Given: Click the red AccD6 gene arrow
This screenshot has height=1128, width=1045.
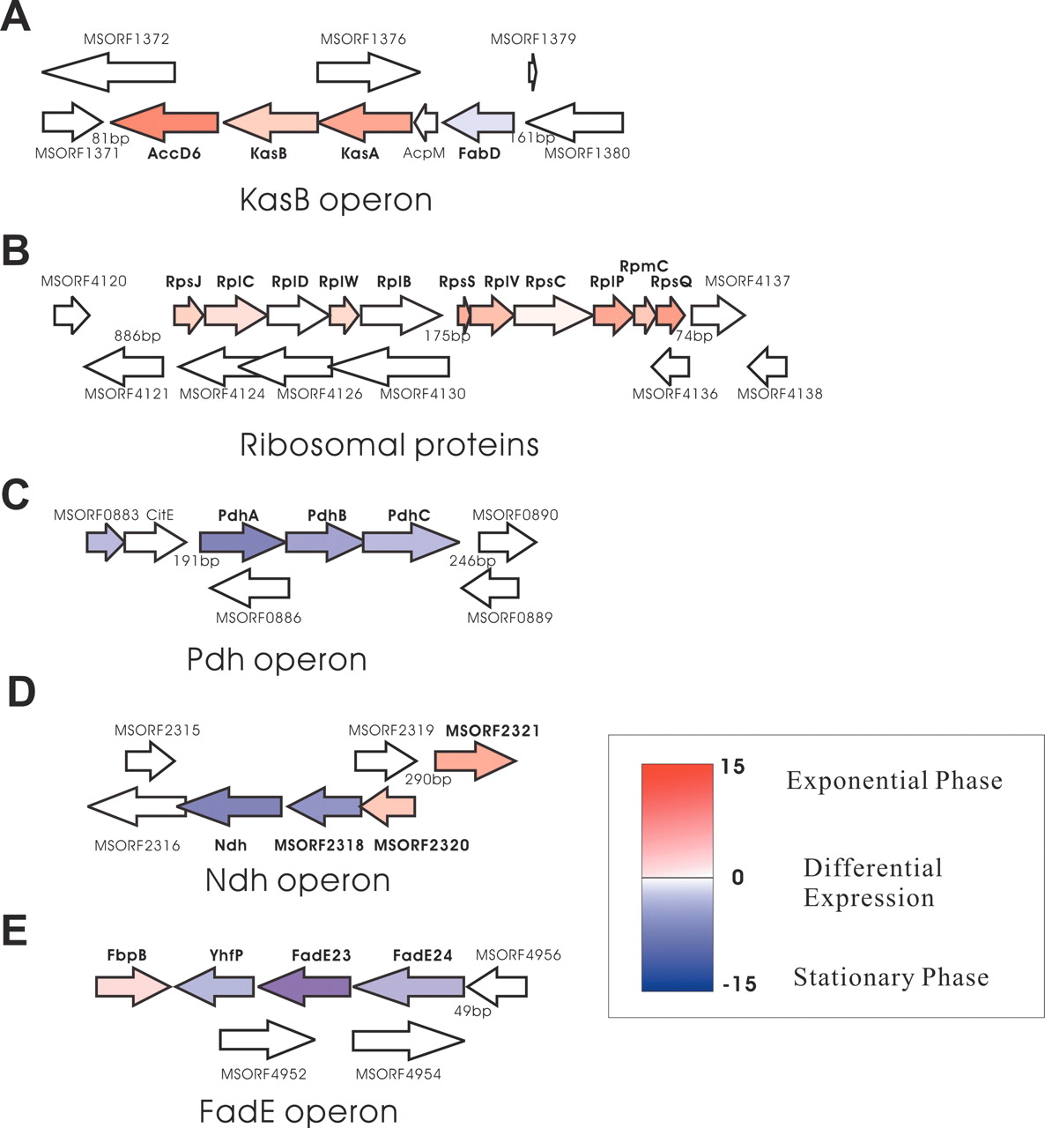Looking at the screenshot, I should tap(165, 122).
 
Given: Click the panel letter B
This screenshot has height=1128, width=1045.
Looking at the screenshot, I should tap(16, 250).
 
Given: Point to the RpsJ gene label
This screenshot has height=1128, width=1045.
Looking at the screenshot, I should tap(183, 282).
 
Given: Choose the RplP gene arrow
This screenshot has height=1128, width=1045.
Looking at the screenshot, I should tap(611, 315).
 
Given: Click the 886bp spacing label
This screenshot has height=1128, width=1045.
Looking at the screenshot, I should tap(137, 336).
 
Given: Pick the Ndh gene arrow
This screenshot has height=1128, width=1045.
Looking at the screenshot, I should tap(230, 805).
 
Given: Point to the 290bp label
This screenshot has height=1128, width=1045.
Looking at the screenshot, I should tap(428, 779).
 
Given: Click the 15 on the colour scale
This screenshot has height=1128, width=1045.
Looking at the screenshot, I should tap(732, 767).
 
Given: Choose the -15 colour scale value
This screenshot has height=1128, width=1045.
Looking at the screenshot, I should tap(738, 983).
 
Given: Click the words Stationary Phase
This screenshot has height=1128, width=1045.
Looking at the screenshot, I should tap(890, 977).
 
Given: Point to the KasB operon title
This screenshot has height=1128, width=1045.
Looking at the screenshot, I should tap(336, 200).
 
